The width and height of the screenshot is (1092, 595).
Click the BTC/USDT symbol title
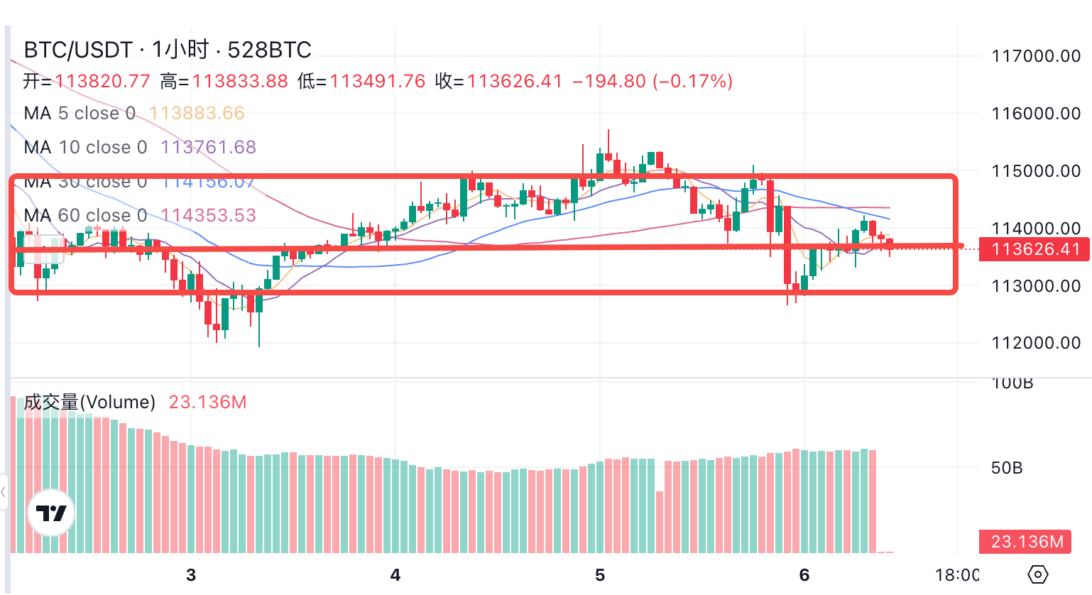tap(78, 50)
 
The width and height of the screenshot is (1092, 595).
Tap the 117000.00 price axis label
tap(1036, 56)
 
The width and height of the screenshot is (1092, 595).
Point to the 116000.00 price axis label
tap(1036, 114)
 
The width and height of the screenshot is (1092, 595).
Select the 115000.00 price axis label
tap(1036, 171)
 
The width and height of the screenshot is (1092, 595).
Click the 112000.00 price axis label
tap(1036, 343)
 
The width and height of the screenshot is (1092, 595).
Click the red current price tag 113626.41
tap(1034, 249)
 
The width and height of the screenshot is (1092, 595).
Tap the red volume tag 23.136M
tap(1026, 542)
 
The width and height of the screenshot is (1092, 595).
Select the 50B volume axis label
tap(1006, 468)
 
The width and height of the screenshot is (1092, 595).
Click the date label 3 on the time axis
tap(190, 575)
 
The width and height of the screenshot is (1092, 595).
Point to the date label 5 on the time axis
tap(600, 575)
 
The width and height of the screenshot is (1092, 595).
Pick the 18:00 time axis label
tap(957, 575)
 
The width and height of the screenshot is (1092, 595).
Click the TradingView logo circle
tap(51, 513)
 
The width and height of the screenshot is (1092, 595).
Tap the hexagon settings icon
tap(1037, 574)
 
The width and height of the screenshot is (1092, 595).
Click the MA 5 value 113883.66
tap(197, 113)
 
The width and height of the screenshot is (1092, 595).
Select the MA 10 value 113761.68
tap(208, 147)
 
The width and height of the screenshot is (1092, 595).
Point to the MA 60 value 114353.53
tap(208, 215)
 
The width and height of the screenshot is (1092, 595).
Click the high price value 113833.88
tap(240, 82)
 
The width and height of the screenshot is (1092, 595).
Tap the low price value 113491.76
tap(377, 82)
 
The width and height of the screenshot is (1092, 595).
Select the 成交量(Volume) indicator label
tap(89, 402)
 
